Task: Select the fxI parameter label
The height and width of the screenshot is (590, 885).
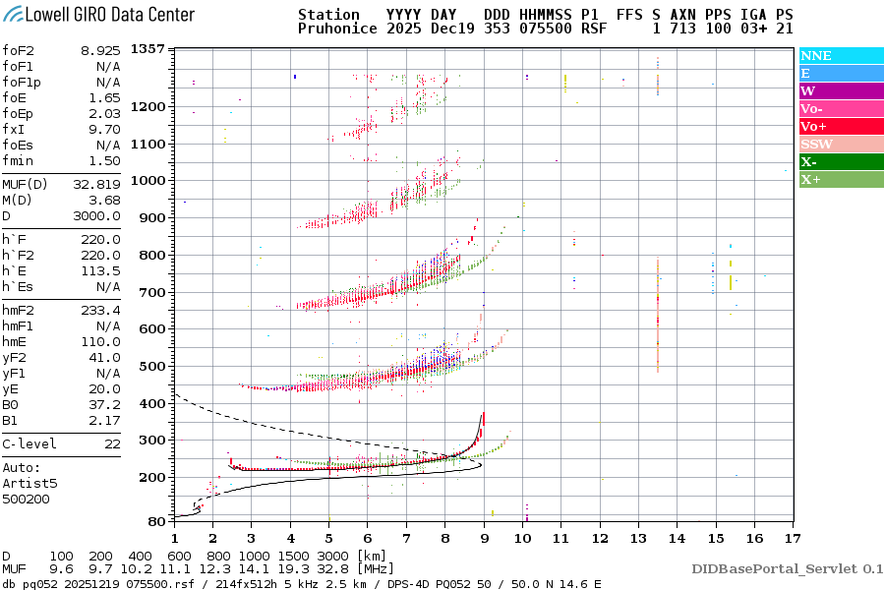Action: pyautogui.click(x=13, y=129)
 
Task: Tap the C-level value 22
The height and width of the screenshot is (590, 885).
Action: pyautogui.click(x=112, y=444)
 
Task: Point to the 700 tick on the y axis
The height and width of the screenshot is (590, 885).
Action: pyautogui.click(x=150, y=292)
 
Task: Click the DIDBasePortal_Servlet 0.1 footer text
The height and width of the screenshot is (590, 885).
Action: pyautogui.click(x=787, y=568)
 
